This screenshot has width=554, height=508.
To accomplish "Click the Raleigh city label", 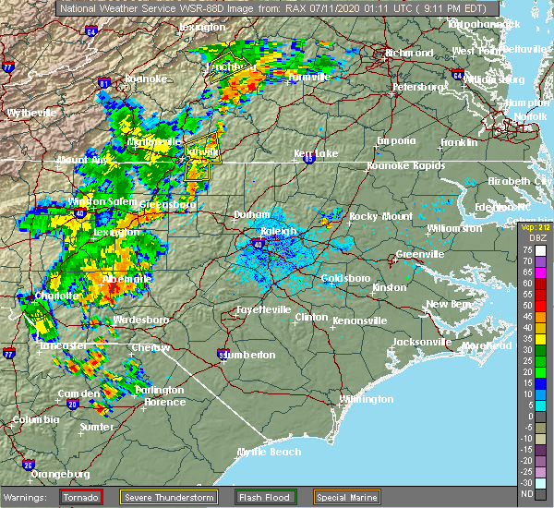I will coord(278,232).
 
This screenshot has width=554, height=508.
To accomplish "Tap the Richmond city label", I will coord(409,54).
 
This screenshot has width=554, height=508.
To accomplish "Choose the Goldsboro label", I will coord(345,278).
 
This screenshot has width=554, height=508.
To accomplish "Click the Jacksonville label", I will coord(421,342).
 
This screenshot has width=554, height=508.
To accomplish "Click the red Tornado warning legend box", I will coord(81,498).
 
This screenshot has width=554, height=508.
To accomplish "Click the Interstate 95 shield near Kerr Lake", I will coord(308,159).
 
